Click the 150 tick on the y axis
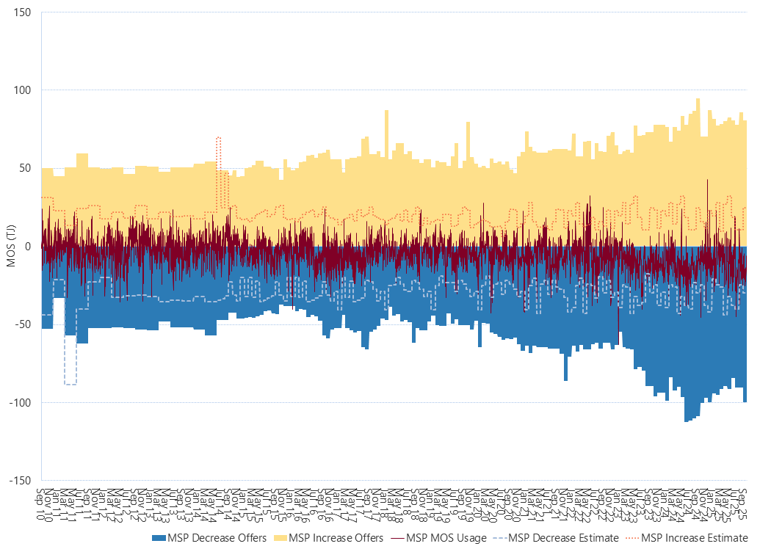tap(27, 12)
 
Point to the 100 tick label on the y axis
tap(27, 90)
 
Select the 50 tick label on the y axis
tap(30, 168)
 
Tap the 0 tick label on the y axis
tap(32, 247)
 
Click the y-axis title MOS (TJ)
tap(10, 247)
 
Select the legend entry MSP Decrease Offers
tap(214, 538)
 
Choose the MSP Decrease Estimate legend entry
tap(563, 538)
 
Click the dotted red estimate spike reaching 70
tap(218, 138)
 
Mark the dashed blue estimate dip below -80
tap(70, 383)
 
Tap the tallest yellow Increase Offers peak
tap(698, 100)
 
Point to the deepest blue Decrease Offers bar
tap(687, 421)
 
